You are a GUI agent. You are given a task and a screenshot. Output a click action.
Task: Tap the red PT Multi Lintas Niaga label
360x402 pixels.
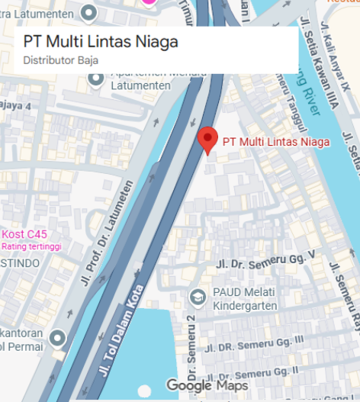275,142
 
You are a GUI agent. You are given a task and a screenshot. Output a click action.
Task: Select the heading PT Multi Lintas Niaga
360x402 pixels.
101,42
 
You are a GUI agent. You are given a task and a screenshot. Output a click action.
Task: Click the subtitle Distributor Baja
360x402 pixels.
60,60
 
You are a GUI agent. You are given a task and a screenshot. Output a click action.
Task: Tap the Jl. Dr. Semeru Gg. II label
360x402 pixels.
264,372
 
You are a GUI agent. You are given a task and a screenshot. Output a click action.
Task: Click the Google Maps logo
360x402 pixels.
207,386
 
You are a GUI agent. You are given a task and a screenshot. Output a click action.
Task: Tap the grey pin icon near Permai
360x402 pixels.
58,337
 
